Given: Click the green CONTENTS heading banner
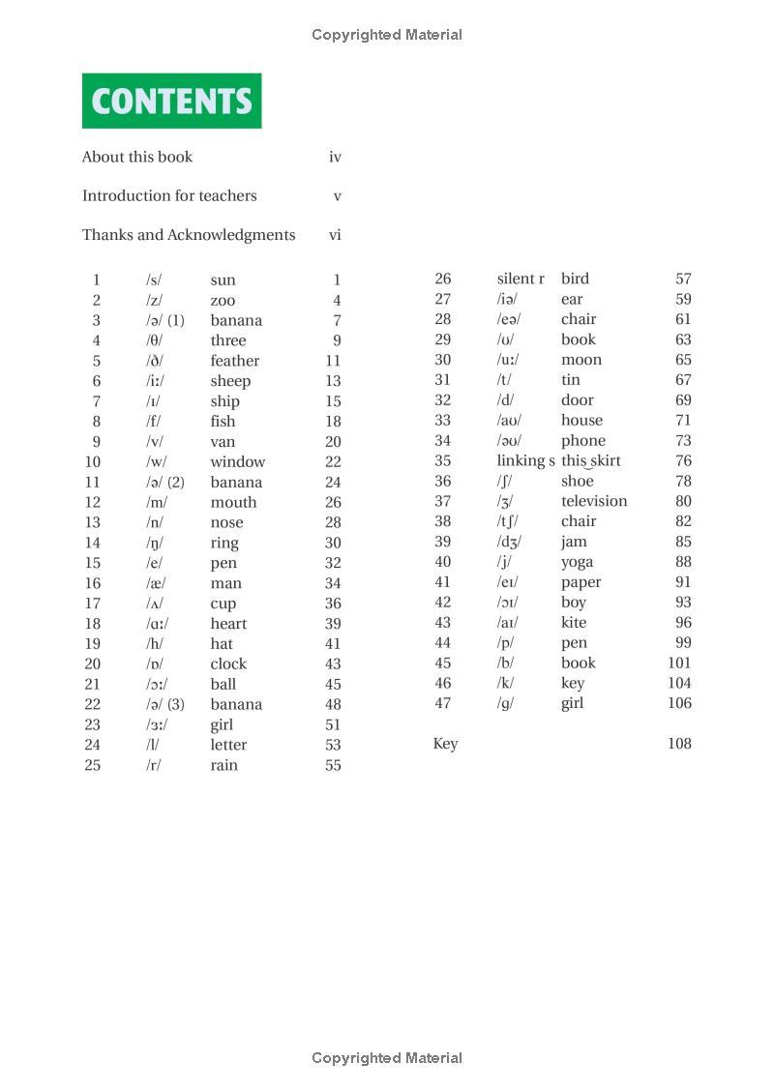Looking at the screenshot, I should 171,101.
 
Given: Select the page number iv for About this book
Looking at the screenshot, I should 335,157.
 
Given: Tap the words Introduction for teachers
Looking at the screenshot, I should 169,195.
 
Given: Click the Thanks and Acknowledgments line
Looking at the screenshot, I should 189,235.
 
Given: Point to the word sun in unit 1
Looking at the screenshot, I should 223,280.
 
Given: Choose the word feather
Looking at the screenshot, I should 234,361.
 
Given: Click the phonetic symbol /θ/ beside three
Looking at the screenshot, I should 154,340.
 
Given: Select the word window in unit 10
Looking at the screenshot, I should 237,462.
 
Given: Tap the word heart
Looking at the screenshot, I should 228,624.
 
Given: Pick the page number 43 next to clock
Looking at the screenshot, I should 333,664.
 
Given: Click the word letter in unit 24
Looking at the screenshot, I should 228,745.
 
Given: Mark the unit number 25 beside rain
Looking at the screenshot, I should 92,765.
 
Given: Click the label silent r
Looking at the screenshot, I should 521,279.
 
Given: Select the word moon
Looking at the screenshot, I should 580,360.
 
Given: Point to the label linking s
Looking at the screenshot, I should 525,460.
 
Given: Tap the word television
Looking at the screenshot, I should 594,501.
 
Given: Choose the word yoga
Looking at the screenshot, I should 577,562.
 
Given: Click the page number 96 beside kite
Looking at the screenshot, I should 683,623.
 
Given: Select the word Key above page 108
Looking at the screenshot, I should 445,744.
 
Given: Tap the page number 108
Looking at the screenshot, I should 679,744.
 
